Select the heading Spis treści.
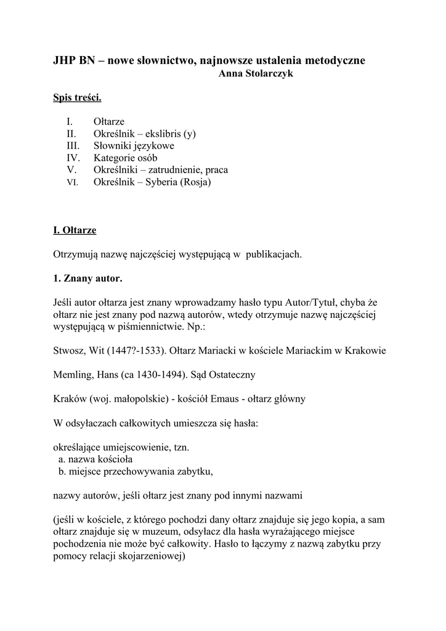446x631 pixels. [x=77, y=98]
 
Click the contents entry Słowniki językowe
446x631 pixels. [x=134, y=146]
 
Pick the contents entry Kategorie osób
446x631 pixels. [x=125, y=158]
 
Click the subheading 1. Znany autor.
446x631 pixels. [x=87, y=278]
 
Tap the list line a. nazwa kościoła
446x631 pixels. [x=95, y=459]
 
